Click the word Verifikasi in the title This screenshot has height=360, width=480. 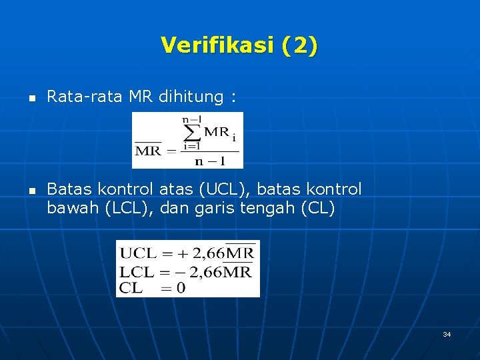217,45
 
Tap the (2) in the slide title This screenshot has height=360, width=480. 300,45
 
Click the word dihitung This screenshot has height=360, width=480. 191,97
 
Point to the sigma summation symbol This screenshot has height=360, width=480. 193,131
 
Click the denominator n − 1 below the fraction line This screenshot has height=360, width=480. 209,161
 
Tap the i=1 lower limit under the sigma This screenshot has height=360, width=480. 192,146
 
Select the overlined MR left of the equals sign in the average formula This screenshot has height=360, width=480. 148,150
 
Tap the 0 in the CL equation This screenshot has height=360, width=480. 181,288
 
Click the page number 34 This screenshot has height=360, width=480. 447,334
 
